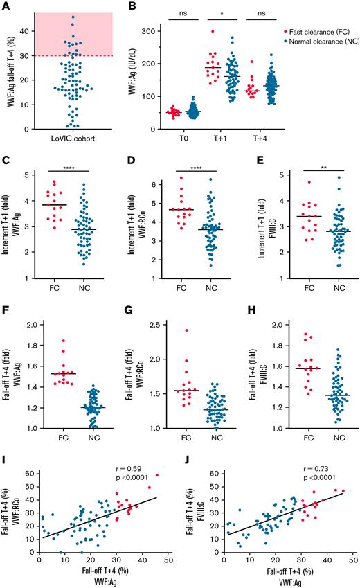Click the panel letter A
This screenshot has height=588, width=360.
point(6,7)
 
